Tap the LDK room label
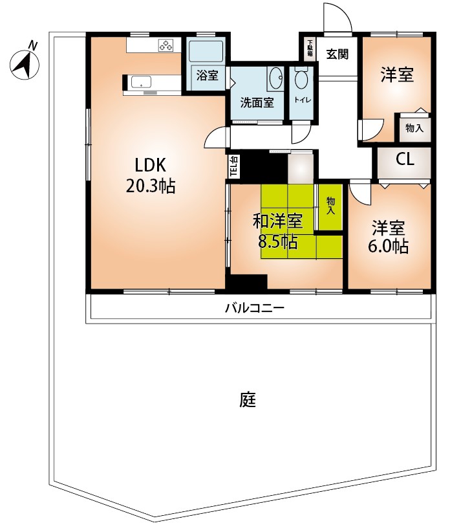tap(151, 166)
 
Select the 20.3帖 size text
tap(151, 186)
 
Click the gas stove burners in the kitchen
tap(166, 45)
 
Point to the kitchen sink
tap(141, 82)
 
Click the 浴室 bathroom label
tap(208, 75)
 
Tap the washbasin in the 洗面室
tap(277, 78)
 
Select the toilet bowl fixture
tap(301, 78)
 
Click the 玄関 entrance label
tap(337, 54)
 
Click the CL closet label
tap(405, 159)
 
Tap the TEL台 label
tap(234, 166)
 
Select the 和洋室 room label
tap(278, 221)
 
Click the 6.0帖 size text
tap(389, 247)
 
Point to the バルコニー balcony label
tap(255, 308)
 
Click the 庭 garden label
tap(248, 399)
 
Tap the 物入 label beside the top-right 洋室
tap(414, 128)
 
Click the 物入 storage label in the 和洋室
tap(331, 206)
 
